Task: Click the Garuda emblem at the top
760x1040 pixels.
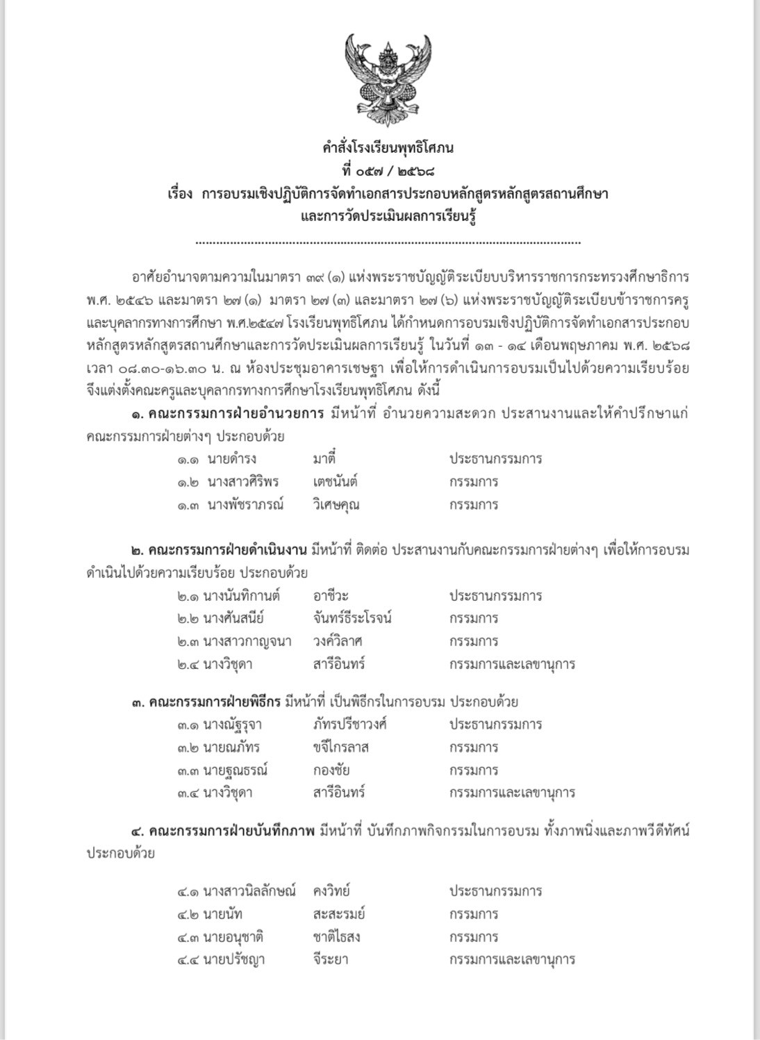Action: tap(388, 81)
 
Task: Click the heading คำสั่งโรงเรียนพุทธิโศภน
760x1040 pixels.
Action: tap(388, 148)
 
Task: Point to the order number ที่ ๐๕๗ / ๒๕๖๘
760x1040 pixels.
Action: tap(388, 170)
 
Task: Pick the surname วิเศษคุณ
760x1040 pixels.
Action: tap(336, 504)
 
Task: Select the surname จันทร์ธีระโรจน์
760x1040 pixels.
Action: tap(353, 618)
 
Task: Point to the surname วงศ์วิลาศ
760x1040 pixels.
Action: tap(338, 641)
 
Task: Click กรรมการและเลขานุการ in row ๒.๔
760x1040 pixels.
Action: tap(512, 664)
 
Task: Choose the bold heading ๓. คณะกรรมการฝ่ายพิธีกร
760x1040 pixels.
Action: tap(206, 702)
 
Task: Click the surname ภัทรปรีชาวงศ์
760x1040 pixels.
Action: tap(349, 725)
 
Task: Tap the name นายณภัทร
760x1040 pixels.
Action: tap(231, 748)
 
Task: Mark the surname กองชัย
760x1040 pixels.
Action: tap(331, 770)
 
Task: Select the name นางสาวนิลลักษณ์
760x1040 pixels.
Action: tap(249, 891)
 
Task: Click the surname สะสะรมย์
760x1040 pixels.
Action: tap(338, 914)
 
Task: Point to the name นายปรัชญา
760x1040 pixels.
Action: tap(234, 960)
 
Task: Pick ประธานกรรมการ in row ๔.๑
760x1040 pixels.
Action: tap(495, 891)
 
